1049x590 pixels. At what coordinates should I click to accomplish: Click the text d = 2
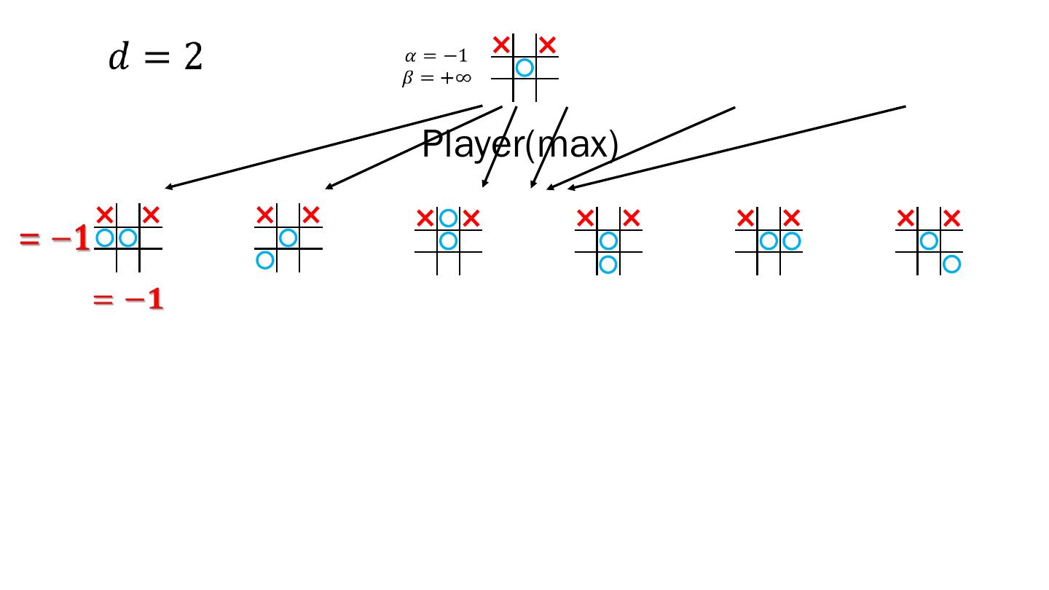click(155, 57)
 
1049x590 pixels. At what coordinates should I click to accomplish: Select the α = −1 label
click(436, 56)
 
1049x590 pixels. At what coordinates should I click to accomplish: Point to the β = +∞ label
click(436, 77)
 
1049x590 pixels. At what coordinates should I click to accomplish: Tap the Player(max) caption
click(520, 144)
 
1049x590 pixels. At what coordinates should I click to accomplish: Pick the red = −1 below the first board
click(128, 299)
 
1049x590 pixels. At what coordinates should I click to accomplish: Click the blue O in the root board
click(524, 68)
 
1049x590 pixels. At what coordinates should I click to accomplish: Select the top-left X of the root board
click(501, 45)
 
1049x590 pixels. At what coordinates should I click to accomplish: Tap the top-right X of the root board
click(548, 45)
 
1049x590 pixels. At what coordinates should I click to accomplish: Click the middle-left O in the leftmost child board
click(105, 237)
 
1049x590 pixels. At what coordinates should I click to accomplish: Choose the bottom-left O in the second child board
click(265, 260)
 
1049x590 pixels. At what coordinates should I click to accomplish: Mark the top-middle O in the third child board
click(448, 218)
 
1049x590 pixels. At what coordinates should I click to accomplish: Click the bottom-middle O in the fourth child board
click(608, 264)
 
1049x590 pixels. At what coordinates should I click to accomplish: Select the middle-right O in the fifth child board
click(792, 240)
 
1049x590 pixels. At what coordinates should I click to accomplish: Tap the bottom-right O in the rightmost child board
click(951, 264)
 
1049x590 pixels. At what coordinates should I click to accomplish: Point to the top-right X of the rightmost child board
click(951, 218)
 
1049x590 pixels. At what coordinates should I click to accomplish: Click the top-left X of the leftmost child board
click(105, 215)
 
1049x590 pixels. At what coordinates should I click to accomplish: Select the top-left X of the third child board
click(425, 218)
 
